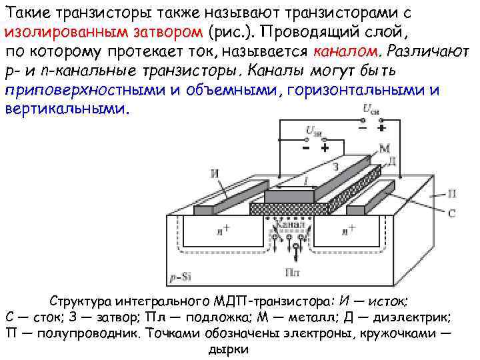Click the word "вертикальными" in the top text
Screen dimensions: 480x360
click(61, 108)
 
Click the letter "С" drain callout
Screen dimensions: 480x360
click(451, 213)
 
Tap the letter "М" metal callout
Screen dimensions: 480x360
click(385, 148)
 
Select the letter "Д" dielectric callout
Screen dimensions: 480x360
click(391, 161)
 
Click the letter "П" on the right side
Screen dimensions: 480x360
click(451, 193)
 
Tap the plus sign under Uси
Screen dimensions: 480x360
click(381, 127)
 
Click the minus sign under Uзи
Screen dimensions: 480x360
click(305, 147)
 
